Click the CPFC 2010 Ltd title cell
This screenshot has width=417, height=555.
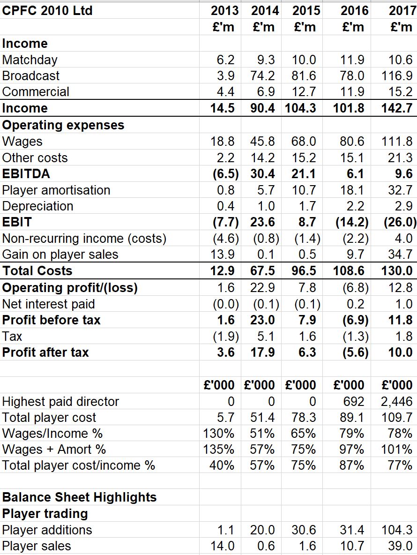click(47, 10)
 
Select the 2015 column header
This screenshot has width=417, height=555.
click(306, 10)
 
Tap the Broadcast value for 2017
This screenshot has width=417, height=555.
click(397, 76)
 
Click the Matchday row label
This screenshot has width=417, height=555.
click(30, 60)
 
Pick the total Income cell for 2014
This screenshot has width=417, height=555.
click(262, 108)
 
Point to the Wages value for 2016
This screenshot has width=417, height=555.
click(352, 141)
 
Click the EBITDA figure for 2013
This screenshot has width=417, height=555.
click(226, 174)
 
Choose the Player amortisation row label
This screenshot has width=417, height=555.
click(56, 190)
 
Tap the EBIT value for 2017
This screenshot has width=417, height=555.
click(400, 222)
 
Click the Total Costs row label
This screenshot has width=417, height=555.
click(37, 271)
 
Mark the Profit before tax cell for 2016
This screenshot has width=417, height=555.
click(356, 320)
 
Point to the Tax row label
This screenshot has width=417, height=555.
click(12, 336)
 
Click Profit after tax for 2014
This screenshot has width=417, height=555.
click(262, 352)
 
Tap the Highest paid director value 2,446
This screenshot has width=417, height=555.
click(397, 401)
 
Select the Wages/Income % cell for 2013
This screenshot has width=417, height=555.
click(219, 433)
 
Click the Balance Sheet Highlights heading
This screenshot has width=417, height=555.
click(79, 497)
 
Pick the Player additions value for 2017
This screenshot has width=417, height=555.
click(397, 530)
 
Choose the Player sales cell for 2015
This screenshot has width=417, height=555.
click(307, 546)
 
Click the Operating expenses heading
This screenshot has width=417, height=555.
click(63, 125)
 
